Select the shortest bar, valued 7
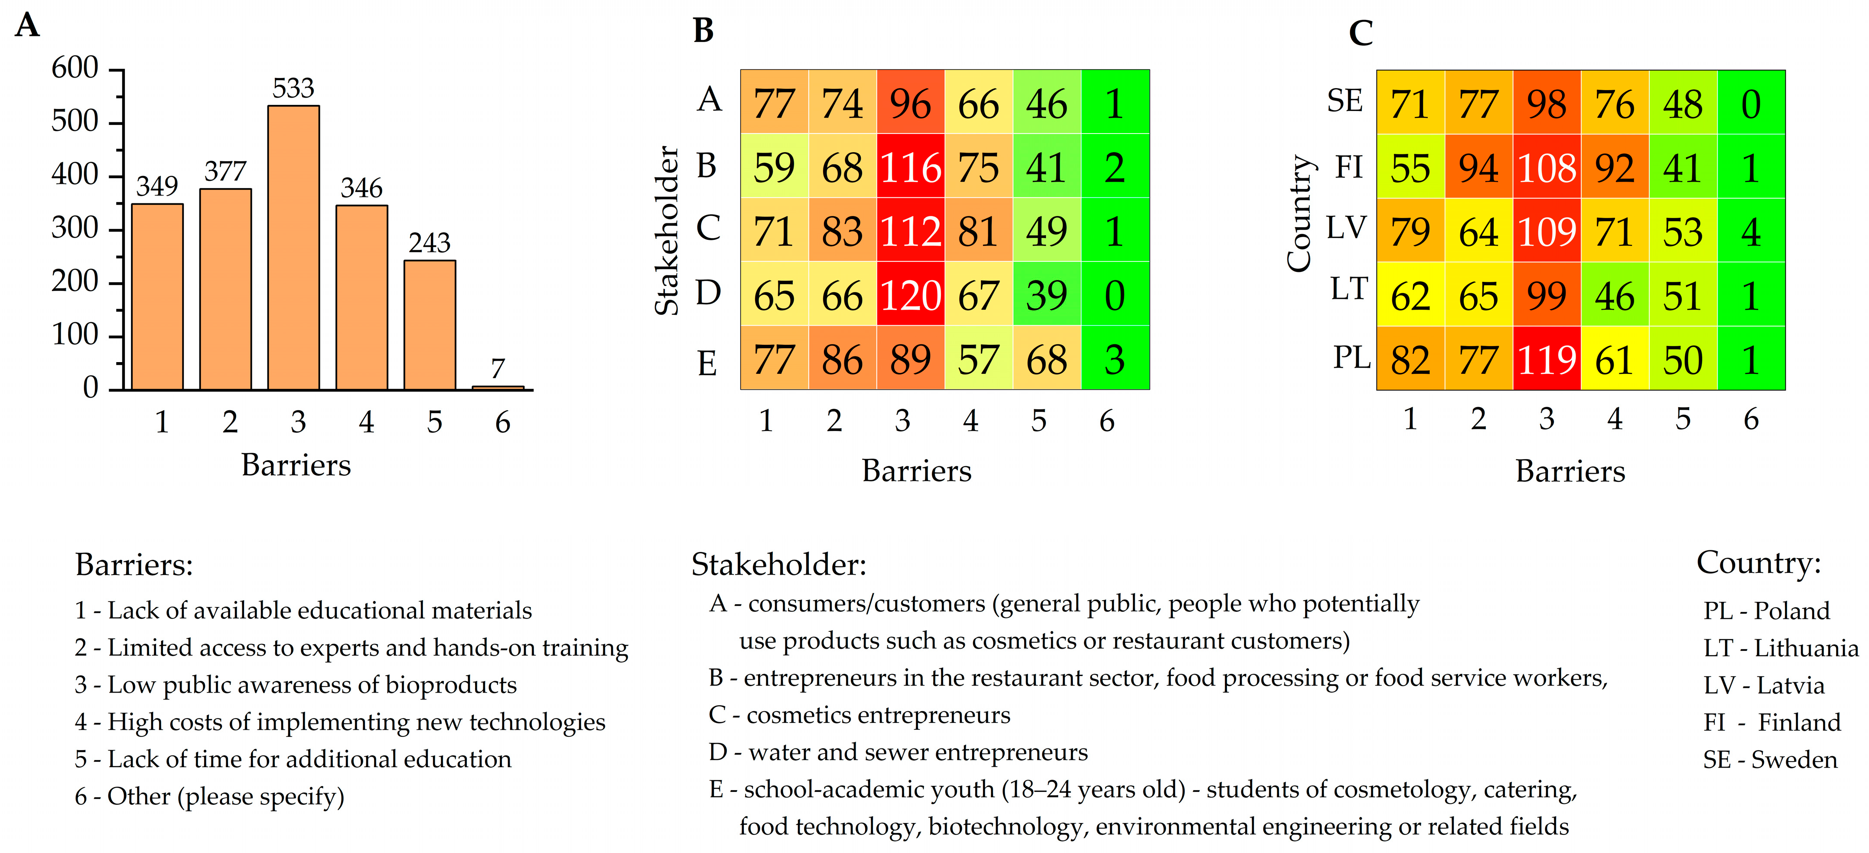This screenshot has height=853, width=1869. pyautogui.click(x=498, y=388)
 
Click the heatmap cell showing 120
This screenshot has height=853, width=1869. pyautogui.click(x=911, y=295)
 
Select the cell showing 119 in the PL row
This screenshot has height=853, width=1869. pyautogui.click(x=1547, y=360)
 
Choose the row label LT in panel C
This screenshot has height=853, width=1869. pyautogui.click(x=1349, y=289)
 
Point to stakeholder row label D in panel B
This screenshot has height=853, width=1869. pyautogui.click(x=708, y=293)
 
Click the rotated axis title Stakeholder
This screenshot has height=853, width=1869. pyautogui.click(x=667, y=231)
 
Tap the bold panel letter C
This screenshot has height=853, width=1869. pyautogui.click(x=1361, y=33)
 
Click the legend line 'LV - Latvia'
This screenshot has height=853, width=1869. pyautogui.click(x=1764, y=685)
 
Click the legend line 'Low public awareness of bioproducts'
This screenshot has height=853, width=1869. pyautogui.click(x=295, y=685)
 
